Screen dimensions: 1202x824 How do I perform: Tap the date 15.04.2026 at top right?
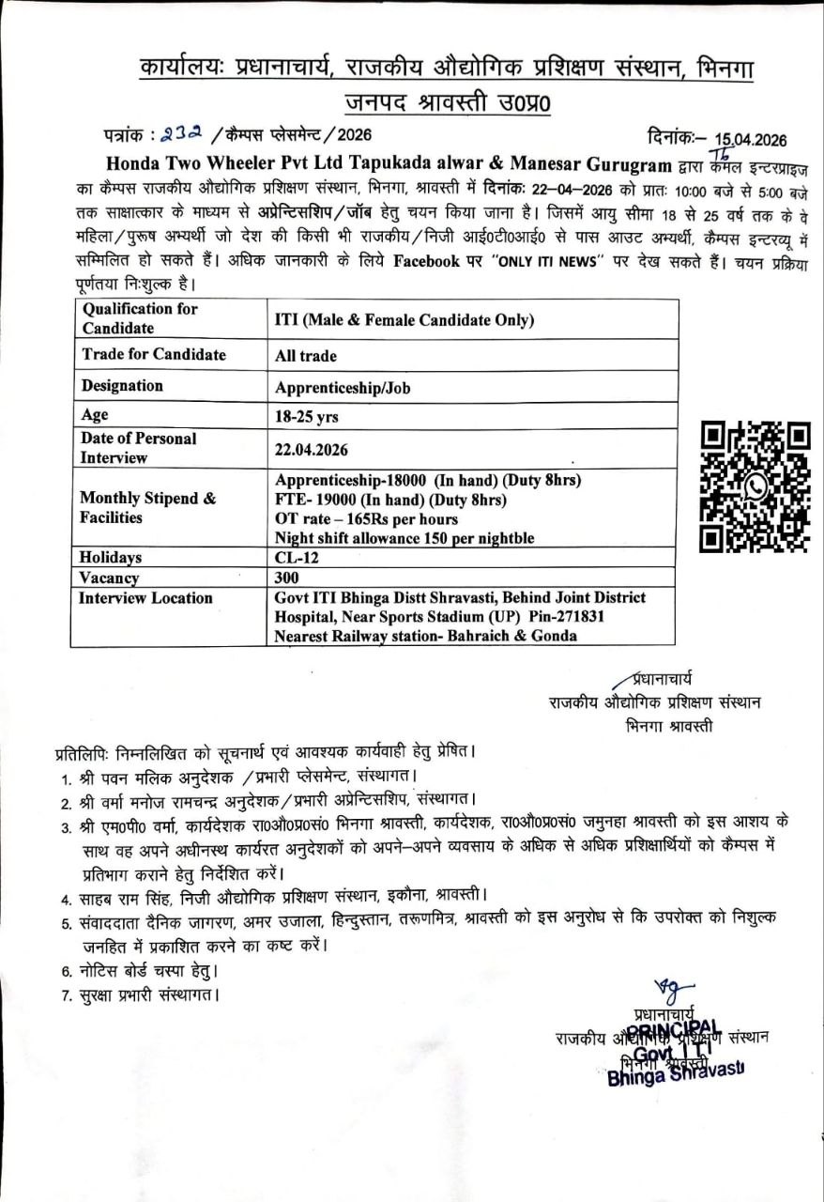click(750, 141)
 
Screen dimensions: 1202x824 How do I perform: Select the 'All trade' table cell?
click(305, 357)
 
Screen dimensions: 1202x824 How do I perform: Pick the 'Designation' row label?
click(122, 386)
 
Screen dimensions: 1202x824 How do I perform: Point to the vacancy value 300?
click(287, 578)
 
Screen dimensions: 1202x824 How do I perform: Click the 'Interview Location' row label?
click(145, 598)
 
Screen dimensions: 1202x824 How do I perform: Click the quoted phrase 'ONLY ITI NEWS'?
click(543, 262)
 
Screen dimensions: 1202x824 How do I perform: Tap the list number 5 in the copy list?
click(68, 924)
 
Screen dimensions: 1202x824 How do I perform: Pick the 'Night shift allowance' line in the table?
click(404, 538)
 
